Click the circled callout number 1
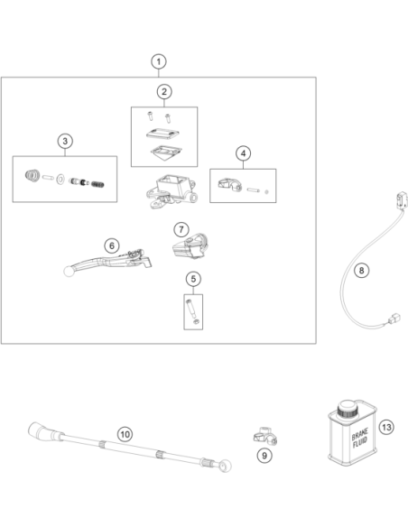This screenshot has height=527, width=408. pyautogui.click(x=159, y=61)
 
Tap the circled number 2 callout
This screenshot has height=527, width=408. pyautogui.click(x=164, y=92)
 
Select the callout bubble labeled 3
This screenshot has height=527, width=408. pyautogui.click(x=65, y=141)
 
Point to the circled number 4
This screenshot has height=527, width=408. pyautogui.click(x=243, y=153)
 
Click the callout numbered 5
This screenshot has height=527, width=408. pyautogui.click(x=193, y=279)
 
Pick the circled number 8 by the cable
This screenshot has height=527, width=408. pyautogui.click(x=361, y=270)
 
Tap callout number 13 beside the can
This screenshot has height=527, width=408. pyautogui.click(x=386, y=427)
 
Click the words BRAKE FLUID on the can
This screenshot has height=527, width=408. pyautogui.click(x=360, y=438)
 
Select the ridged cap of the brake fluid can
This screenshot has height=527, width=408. pyautogui.click(x=347, y=409)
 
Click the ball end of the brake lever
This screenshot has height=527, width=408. pyautogui.click(x=69, y=271)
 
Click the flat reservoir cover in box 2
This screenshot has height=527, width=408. pyautogui.click(x=162, y=134)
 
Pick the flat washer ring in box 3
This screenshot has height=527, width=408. pyautogui.click(x=60, y=180)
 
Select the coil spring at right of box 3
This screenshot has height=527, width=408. pyautogui.click(x=97, y=184)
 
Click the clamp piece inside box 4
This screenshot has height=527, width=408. pyautogui.click(x=229, y=184)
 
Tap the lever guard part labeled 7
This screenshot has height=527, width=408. pyautogui.click(x=190, y=245)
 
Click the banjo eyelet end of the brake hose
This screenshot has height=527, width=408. pyautogui.click(x=225, y=466)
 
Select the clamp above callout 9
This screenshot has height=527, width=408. pyautogui.click(x=265, y=436)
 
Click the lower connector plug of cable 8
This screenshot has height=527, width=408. pyautogui.click(x=394, y=318)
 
